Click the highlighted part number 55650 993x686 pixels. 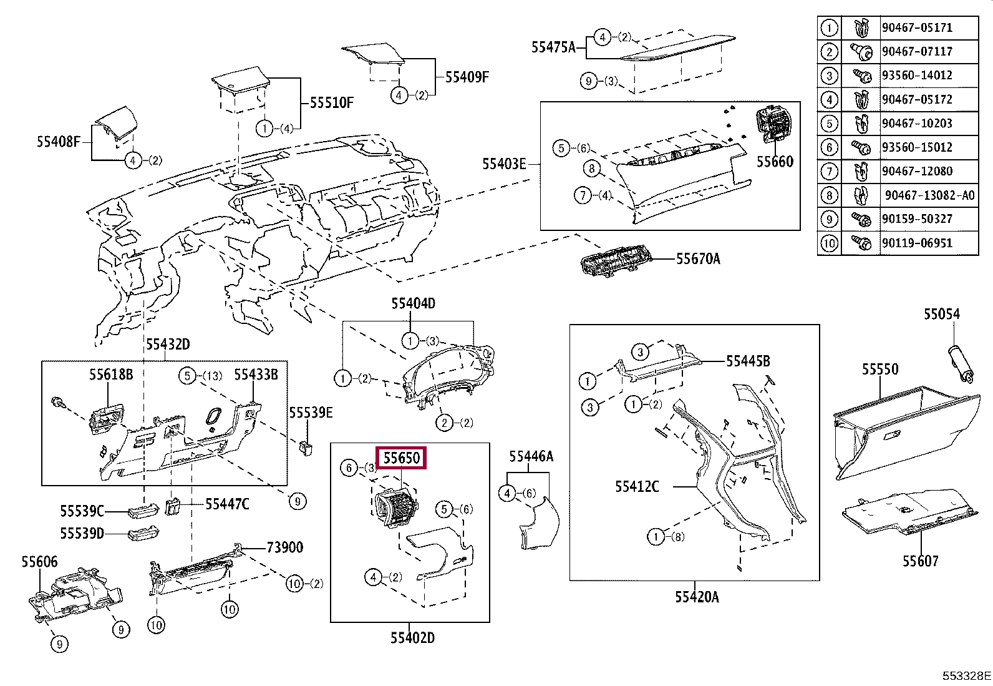click(401, 458)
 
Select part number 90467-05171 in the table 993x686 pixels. click(917, 27)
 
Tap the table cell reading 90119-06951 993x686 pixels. click(917, 243)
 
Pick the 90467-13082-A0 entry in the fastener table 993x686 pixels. click(929, 195)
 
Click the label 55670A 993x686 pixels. click(698, 258)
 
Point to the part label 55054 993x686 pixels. click(942, 314)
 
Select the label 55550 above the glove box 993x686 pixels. click(880, 369)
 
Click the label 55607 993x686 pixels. click(920, 561)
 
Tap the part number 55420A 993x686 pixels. click(697, 597)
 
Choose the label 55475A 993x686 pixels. click(553, 47)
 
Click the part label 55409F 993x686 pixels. click(467, 77)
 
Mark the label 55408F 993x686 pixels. click(59, 142)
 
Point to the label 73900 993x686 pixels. click(284, 547)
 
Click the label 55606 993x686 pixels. click(39, 562)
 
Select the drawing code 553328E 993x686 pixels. click(966, 676)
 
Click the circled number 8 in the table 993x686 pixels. click(829, 195)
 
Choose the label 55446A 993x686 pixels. click(531, 456)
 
